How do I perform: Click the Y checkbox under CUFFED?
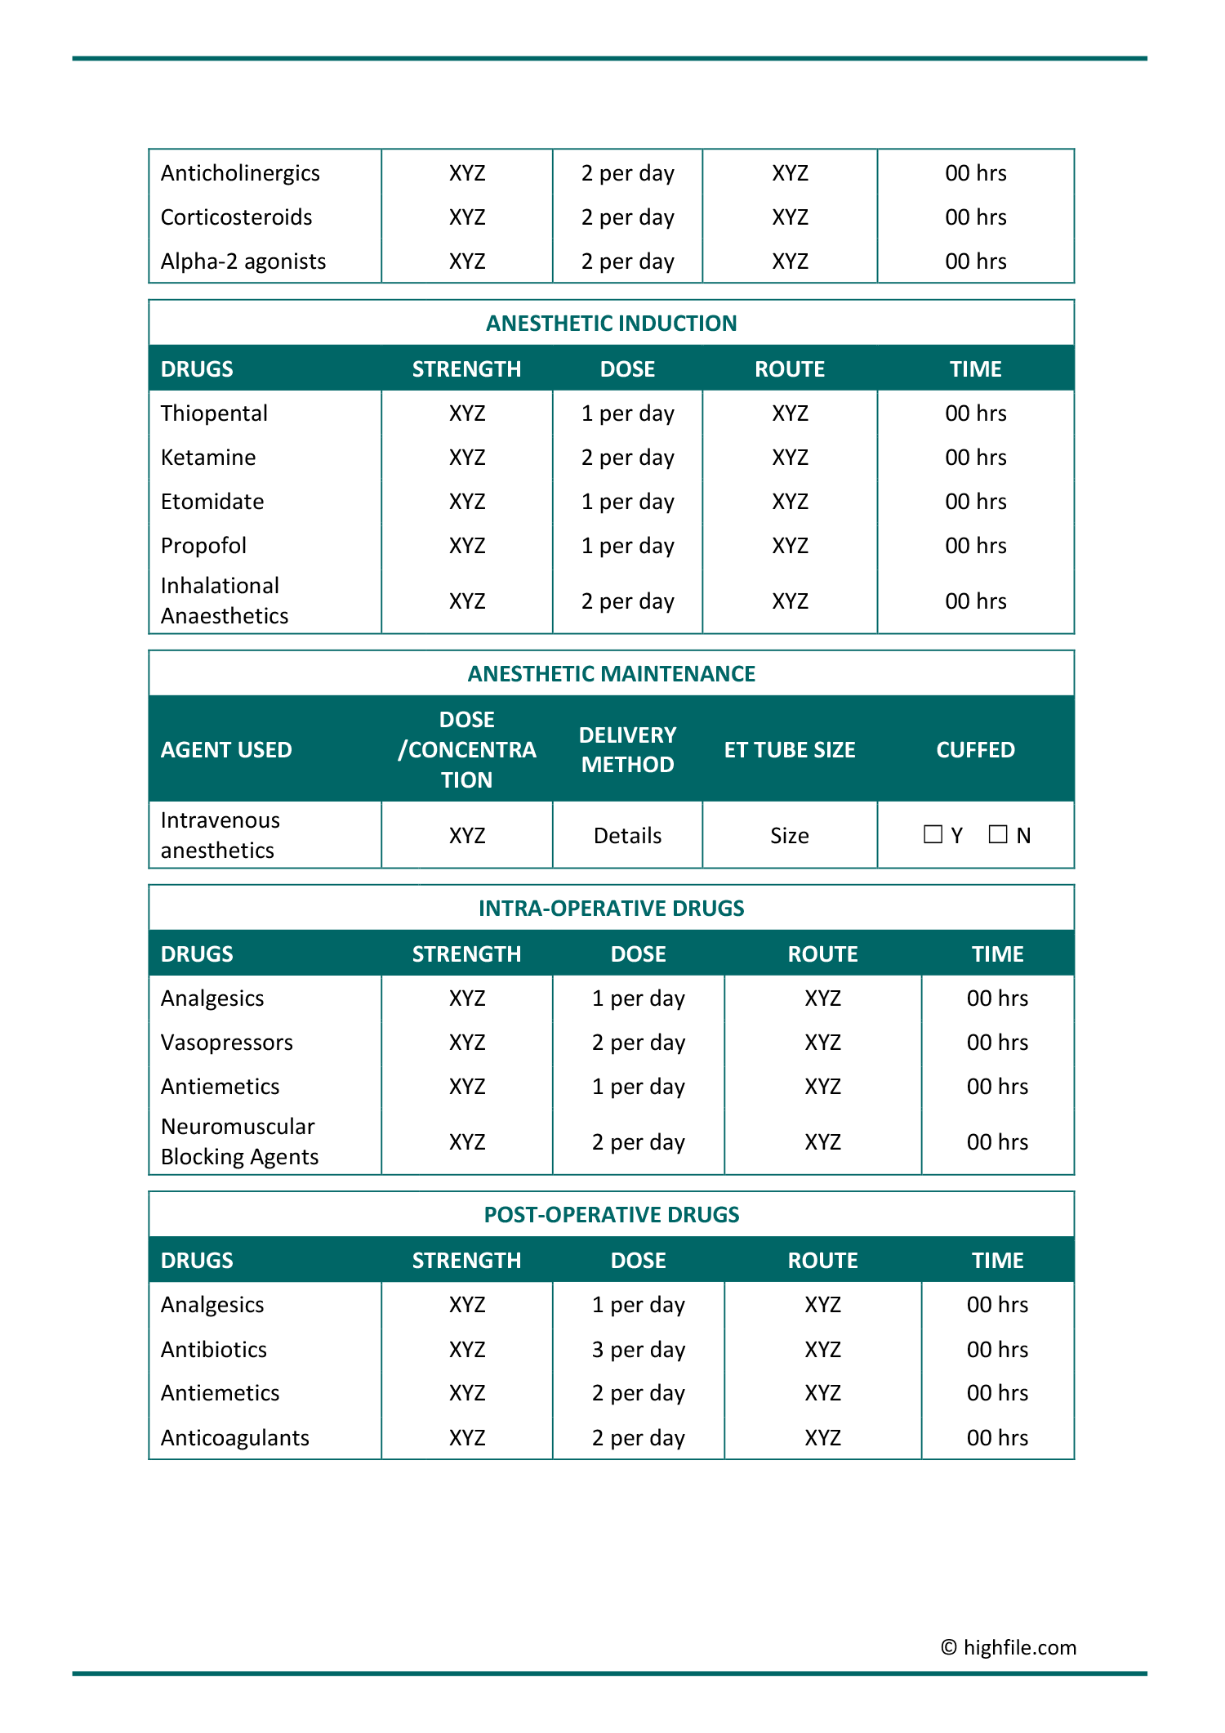pyautogui.click(x=933, y=834)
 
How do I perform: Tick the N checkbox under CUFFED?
pyautogui.click(x=998, y=834)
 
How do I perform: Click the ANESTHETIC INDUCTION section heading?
pyautogui.click(x=611, y=324)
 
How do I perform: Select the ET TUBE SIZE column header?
pyautogui.click(x=790, y=749)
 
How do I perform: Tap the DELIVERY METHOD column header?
pyautogui.click(x=627, y=749)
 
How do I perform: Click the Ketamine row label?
pyautogui.click(x=208, y=458)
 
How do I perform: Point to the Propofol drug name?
pyautogui.click(x=203, y=546)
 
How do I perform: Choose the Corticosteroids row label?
pyautogui.click(x=237, y=217)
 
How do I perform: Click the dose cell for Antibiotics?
pyautogui.click(x=639, y=1350)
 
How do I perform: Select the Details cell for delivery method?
pyautogui.click(x=627, y=835)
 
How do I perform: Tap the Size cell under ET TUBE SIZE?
pyautogui.click(x=790, y=835)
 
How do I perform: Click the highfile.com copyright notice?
pyautogui.click(x=1009, y=1647)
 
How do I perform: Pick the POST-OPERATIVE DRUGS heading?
pyautogui.click(x=611, y=1215)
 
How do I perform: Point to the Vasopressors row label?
pyautogui.click(x=227, y=1043)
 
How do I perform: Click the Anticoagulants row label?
pyautogui.click(x=235, y=1438)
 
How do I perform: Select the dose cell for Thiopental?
pyautogui.click(x=627, y=413)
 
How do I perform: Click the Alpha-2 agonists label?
pyautogui.click(x=243, y=261)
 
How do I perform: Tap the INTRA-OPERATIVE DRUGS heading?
pyautogui.click(x=611, y=909)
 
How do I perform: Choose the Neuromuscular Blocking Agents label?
pyautogui.click(x=239, y=1141)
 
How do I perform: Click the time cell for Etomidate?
pyautogui.click(x=975, y=502)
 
